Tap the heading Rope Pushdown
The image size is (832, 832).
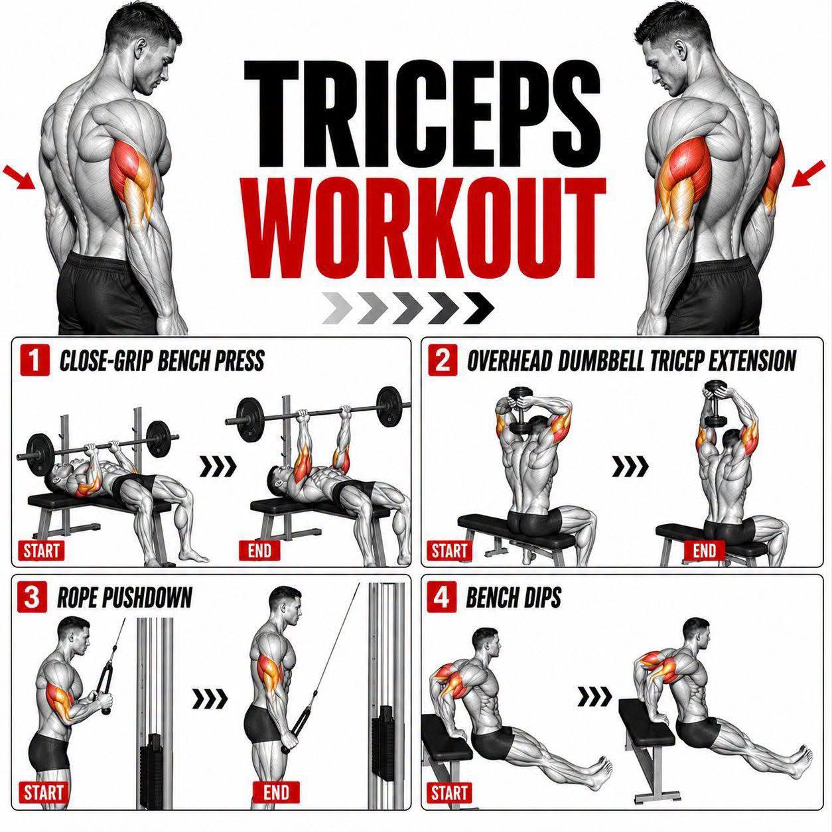point(125,598)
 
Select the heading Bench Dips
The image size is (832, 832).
point(514,598)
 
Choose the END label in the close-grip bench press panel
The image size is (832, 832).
point(259,551)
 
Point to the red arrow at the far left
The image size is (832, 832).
point(19,178)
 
